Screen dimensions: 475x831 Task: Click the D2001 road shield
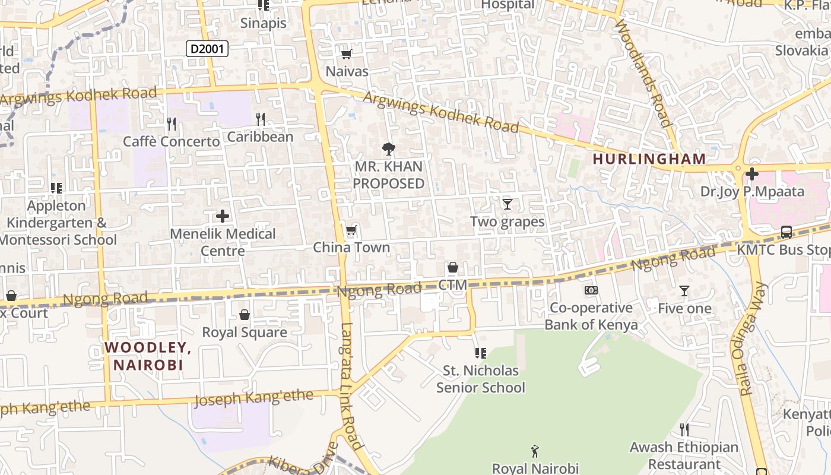coord(207,49)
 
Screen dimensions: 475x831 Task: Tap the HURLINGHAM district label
coord(649,159)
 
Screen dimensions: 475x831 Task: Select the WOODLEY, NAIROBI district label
coord(148,356)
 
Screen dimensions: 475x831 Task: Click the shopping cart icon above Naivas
coord(346,55)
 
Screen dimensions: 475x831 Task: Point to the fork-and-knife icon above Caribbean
coord(260,119)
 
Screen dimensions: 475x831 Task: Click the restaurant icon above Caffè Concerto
coord(172,124)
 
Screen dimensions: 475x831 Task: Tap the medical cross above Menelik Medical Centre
coord(223,216)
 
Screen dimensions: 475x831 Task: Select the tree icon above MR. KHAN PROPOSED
coord(389,148)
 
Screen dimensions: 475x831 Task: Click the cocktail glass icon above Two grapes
coord(507,204)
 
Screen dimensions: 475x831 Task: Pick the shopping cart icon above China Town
coord(351,230)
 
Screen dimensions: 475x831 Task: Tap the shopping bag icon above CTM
coord(453,268)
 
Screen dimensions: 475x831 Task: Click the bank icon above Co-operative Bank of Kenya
coord(591,290)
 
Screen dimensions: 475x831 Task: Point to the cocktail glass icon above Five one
coord(684,291)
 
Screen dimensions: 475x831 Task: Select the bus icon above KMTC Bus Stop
coord(786,232)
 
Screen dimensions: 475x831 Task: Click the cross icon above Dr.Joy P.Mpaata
coord(752,174)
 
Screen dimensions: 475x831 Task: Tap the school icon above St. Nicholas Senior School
coord(481,353)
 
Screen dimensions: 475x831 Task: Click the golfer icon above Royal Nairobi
coord(535,451)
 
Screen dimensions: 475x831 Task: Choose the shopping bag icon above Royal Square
coord(244,315)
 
